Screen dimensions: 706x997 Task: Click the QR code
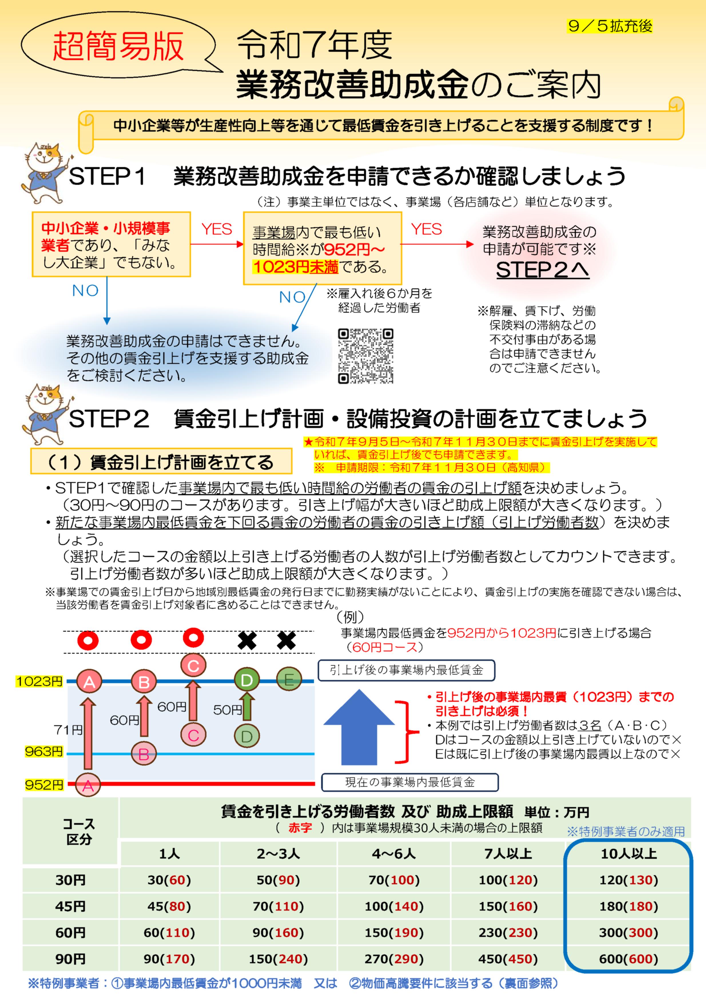pos(366,356)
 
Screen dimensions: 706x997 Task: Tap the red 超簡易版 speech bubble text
pos(118,47)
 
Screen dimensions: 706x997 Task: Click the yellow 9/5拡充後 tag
pos(610,27)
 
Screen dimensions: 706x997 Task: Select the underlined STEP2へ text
pos(542,270)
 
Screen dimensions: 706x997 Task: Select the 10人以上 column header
pos(628,853)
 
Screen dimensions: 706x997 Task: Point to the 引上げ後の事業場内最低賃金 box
pos(406,670)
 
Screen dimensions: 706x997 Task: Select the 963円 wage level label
pos(44,751)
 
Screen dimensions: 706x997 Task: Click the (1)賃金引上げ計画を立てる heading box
pos(161,462)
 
